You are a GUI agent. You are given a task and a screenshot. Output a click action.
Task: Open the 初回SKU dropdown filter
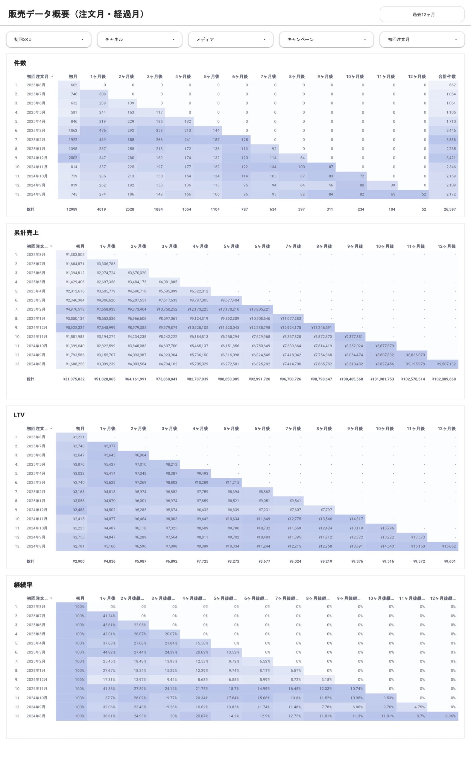48,40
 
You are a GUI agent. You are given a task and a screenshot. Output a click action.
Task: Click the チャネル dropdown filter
139,40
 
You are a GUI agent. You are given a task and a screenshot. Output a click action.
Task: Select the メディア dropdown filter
230,40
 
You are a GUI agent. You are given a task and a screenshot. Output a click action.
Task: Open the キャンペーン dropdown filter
326,40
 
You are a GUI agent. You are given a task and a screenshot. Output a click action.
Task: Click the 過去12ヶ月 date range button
422,14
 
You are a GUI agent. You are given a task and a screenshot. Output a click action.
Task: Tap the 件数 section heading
20,63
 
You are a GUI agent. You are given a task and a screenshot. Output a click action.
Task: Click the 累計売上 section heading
26,233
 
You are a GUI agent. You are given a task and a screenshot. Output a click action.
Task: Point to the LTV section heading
19,415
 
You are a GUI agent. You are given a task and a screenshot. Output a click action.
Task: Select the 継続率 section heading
23,585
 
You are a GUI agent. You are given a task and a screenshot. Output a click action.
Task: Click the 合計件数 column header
447,76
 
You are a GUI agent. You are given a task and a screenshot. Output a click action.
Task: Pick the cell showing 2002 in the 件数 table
73,158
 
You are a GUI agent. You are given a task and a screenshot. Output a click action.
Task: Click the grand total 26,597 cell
449,209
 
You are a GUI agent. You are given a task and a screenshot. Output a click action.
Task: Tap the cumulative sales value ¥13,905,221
259,309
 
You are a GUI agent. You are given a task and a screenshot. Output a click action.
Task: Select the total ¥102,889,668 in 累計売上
443,379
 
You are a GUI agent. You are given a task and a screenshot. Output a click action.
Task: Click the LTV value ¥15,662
449,546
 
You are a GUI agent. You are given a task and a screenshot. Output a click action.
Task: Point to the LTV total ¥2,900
78,561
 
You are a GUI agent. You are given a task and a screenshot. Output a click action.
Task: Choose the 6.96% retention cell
450,716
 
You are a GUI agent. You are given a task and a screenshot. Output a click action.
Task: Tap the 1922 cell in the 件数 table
73,140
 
